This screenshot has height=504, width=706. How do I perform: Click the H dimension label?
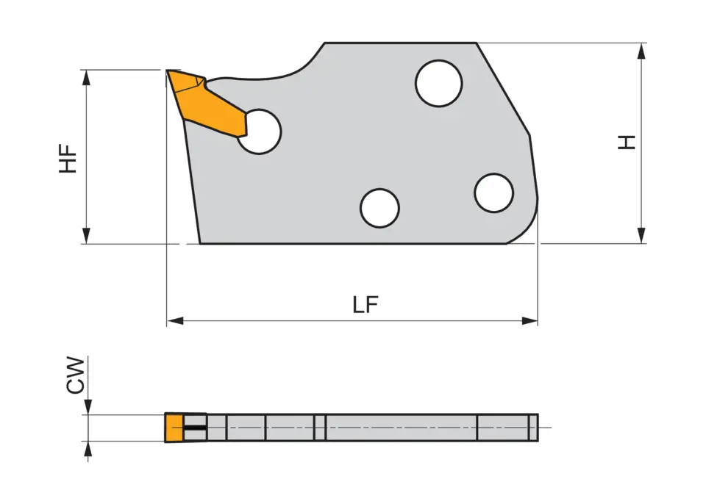(627, 143)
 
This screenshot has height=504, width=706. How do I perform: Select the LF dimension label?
(366, 305)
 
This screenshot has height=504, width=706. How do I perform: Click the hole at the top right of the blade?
(438, 84)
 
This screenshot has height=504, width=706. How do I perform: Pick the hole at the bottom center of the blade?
(379, 207)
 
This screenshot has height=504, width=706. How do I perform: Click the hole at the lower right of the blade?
(493, 193)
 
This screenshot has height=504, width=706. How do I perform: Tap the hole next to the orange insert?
(260, 132)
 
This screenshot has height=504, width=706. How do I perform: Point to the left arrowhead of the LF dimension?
(174, 321)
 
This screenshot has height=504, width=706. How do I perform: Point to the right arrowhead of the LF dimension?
(530, 321)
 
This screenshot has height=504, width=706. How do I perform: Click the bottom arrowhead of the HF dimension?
(87, 236)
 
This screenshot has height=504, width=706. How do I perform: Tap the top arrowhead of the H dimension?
(642, 50)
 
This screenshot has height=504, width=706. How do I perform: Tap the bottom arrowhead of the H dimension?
(642, 236)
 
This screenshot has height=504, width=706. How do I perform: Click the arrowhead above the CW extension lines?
(88, 407)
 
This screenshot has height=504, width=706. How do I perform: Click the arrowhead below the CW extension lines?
(88, 449)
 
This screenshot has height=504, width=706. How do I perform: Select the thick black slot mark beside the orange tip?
(195, 428)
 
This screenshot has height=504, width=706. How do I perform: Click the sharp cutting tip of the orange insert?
(168, 71)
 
